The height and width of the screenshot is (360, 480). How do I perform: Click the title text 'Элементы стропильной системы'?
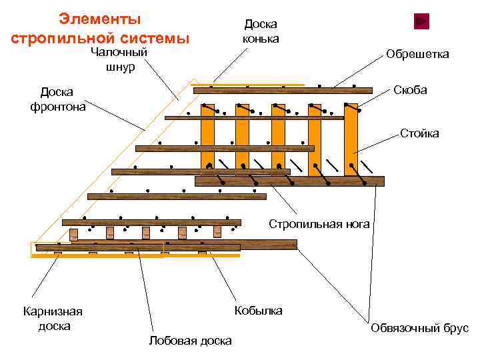click(x=100, y=28)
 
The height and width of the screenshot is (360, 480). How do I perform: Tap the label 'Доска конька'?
click(x=260, y=31)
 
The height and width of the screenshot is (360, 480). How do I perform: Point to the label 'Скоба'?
click(x=410, y=90)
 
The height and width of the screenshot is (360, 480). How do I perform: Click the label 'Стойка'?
click(x=419, y=133)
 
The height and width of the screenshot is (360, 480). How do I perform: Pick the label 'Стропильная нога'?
click(x=319, y=224)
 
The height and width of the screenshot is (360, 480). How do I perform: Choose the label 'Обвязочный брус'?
click(x=419, y=328)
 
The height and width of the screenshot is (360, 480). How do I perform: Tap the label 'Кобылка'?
click(x=258, y=311)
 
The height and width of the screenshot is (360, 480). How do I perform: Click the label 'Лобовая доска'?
click(x=191, y=341)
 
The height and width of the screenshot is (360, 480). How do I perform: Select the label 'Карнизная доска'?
click(x=53, y=319)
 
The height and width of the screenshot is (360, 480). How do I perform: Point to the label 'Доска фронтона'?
click(x=57, y=99)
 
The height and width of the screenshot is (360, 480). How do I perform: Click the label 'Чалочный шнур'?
click(x=119, y=59)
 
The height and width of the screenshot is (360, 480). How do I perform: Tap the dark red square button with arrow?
click(x=421, y=21)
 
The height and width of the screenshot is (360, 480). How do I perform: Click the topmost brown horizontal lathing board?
click(x=283, y=90)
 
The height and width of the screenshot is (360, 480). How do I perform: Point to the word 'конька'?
click(x=260, y=39)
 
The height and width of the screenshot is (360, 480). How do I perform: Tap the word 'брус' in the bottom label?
click(x=455, y=328)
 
